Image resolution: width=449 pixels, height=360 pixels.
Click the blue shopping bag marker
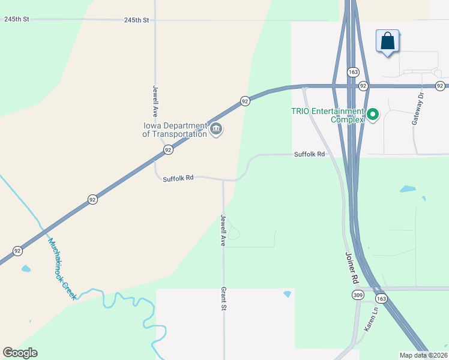coord(388,42)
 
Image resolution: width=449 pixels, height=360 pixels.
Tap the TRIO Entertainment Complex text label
coord(327,115)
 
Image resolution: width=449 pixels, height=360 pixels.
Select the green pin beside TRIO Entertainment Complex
coord(373,113)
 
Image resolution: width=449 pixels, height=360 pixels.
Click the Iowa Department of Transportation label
coord(174,130)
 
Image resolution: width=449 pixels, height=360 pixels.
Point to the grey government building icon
coord(216,128)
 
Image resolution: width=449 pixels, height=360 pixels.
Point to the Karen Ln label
coord(371,320)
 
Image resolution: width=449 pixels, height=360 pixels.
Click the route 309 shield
coord(358,295)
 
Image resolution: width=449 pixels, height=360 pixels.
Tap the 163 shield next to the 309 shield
coord(381,298)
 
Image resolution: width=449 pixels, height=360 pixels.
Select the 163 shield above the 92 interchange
coord(352,72)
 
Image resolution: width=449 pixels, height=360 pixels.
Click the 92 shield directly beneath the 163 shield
coord(363,86)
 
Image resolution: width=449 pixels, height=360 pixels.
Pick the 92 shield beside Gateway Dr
coord(440,86)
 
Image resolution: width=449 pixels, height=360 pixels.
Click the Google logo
coord(20,353)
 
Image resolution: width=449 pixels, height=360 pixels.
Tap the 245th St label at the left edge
coord(16,20)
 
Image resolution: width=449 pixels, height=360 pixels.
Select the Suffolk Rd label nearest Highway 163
coord(309,154)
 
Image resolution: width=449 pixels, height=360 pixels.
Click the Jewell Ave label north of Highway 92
coord(155,100)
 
